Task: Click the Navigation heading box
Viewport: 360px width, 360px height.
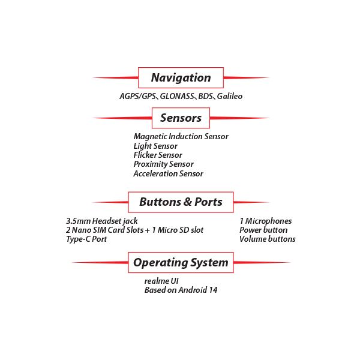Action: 181,77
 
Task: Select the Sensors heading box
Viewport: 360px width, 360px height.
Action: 181,118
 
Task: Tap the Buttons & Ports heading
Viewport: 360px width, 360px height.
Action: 181,202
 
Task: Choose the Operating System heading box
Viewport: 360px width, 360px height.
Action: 181,262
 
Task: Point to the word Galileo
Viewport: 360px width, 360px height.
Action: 230,96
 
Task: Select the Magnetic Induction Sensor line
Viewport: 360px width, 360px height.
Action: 181,136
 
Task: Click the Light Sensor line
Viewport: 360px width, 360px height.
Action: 155,146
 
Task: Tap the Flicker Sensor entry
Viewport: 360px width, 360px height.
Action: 158,155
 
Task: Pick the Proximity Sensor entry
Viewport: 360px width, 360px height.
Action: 163,164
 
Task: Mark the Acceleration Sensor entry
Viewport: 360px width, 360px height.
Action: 168,173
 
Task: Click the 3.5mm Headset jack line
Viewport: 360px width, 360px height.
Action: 102,221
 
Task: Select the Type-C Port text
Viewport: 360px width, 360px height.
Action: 86,239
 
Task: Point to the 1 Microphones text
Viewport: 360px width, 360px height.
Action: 265,221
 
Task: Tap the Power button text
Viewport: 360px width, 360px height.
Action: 263,230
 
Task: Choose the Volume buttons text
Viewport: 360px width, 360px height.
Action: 268,239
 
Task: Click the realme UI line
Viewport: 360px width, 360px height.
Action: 161,281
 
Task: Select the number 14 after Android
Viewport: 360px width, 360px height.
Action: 212,290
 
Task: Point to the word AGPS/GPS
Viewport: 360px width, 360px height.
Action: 137,96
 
